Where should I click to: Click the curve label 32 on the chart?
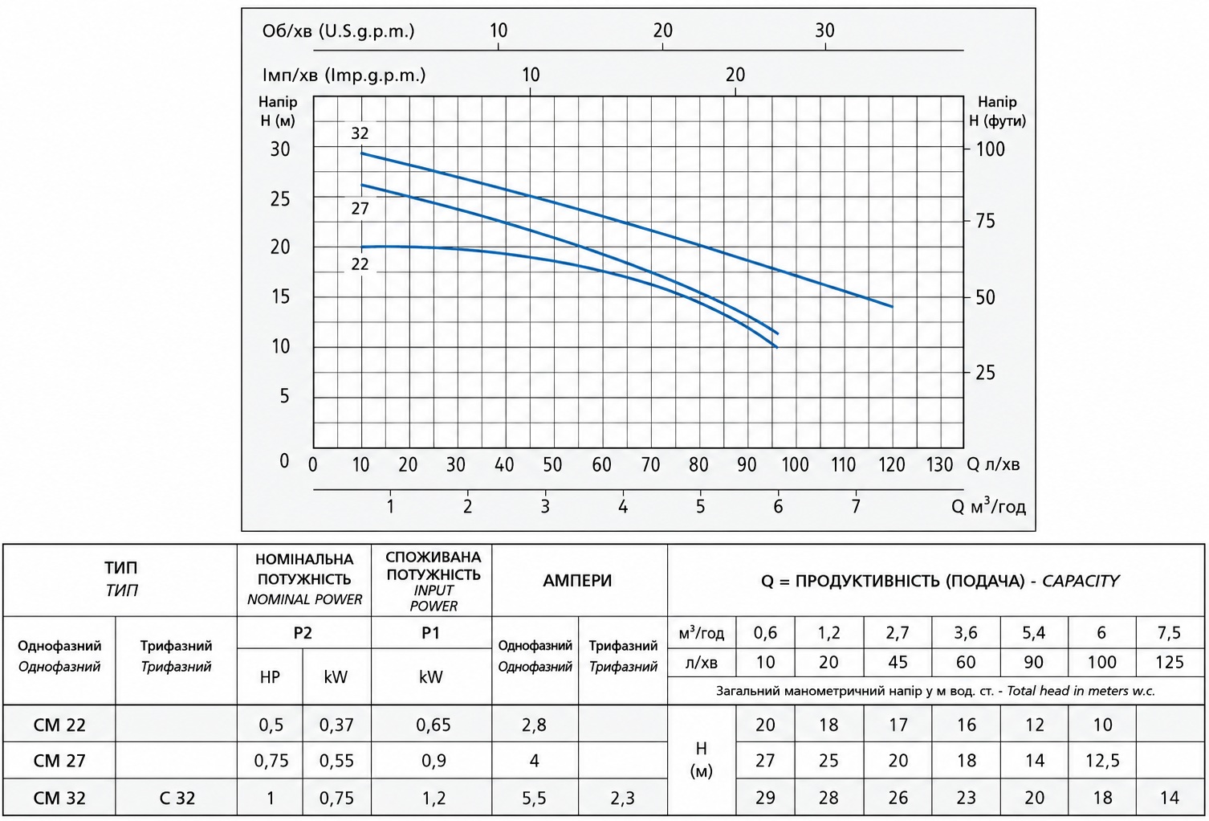click(x=360, y=133)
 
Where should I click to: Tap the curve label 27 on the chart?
click(x=360, y=209)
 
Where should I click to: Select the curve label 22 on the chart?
click(x=360, y=264)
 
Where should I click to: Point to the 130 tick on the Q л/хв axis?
click(x=940, y=464)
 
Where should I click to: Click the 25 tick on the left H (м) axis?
click(x=280, y=199)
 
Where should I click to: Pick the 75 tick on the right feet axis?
click(x=985, y=221)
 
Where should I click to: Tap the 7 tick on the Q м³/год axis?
click(x=856, y=507)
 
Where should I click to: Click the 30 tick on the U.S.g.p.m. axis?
click(x=824, y=31)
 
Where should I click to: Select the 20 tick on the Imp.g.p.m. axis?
click(x=735, y=75)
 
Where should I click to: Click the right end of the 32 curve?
click(x=892, y=307)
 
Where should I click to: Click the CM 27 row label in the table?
click(x=59, y=761)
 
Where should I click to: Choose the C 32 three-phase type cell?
click(x=177, y=798)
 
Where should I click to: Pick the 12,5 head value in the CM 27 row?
click(x=1102, y=761)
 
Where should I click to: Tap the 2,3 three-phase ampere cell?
click(x=623, y=799)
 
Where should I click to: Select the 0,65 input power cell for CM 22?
click(x=433, y=725)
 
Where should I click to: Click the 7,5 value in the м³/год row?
click(x=1169, y=632)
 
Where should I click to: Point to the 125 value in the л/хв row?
click(x=1170, y=662)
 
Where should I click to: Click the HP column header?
click(x=270, y=677)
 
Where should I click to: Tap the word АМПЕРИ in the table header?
click(x=577, y=581)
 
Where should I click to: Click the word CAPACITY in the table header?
click(x=1081, y=581)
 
